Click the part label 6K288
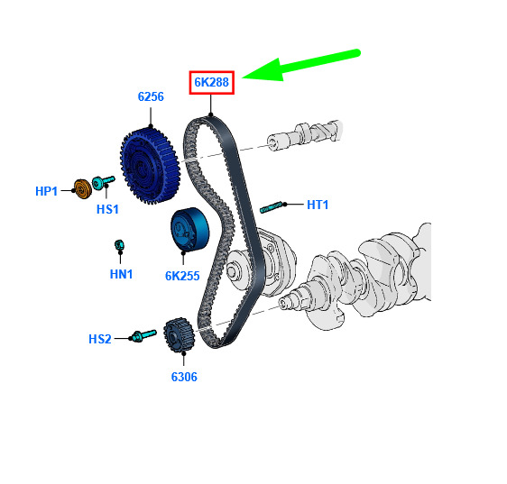tap(211, 82)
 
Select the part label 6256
tap(151, 96)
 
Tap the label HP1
tap(46, 191)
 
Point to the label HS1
tap(107, 209)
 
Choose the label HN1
tap(121, 274)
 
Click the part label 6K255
tap(182, 276)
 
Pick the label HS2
tap(100, 339)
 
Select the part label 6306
tap(184, 377)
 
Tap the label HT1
tap(318, 205)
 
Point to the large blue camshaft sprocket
tap(150, 166)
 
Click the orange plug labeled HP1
tap(83, 189)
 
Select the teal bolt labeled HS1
tap(103, 182)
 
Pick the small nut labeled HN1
tap(119, 245)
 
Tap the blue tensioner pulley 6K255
tap(189, 229)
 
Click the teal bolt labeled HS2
tap(143, 335)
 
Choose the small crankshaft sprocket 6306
tap(179, 335)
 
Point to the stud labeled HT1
tap(272, 206)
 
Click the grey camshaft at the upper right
tap(304, 135)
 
